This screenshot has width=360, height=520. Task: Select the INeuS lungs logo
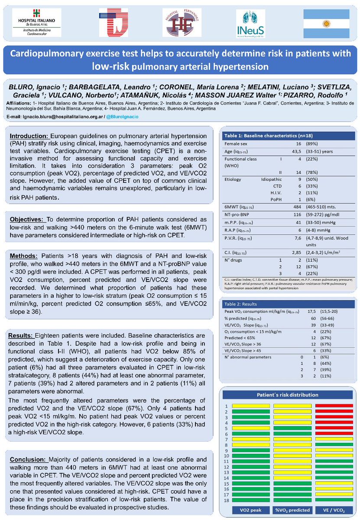tap(251, 24)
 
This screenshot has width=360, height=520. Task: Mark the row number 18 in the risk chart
tap(226, 500)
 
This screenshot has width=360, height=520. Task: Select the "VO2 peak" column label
tap(250, 510)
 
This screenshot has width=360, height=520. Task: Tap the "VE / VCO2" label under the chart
tap(333, 510)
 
